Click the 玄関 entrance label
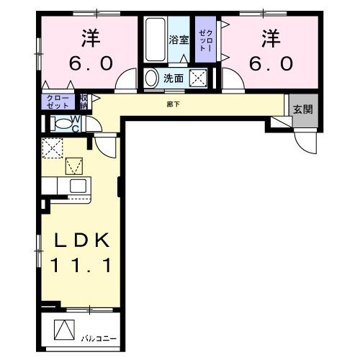click(x=302, y=109)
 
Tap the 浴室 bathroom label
click(x=179, y=40)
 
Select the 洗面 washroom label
click(x=173, y=78)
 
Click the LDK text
click(x=80, y=240)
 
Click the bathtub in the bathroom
click(x=155, y=41)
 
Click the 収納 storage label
click(x=84, y=100)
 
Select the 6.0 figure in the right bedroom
click(x=271, y=63)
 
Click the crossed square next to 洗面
click(x=199, y=78)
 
